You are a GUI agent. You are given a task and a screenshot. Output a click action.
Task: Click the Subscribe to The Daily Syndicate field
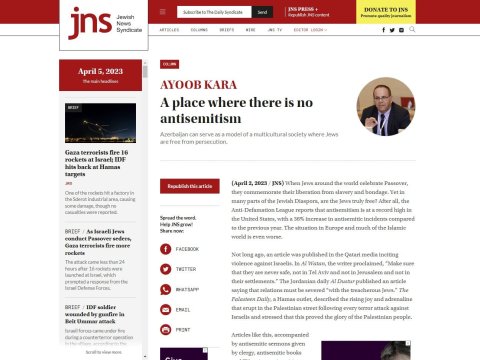click(x=214, y=12)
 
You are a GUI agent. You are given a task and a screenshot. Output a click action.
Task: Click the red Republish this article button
click(x=189, y=186)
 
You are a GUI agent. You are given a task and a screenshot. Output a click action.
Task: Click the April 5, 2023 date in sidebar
click(x=98, y=72)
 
